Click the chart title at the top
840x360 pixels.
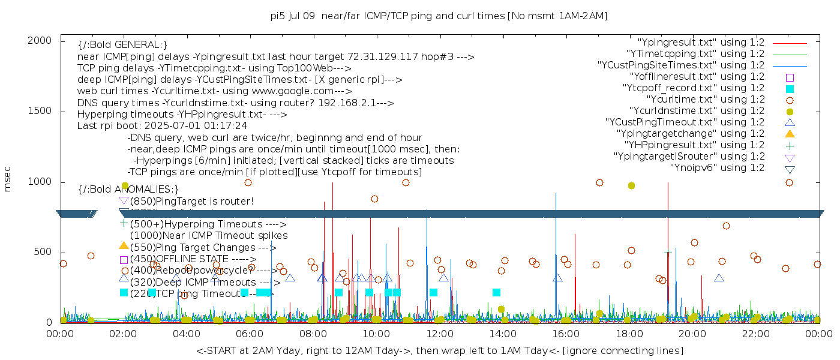(x=439, y=16)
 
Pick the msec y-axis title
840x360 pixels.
(x=8, y=180)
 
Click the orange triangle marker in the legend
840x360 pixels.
(x=790, y=133)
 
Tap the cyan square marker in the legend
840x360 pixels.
(x=790, y=88)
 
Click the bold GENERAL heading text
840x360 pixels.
(x=122, y=45)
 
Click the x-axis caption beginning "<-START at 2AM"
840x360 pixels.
(x=439, y=350)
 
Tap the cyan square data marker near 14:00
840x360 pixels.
(x=496, y=292)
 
